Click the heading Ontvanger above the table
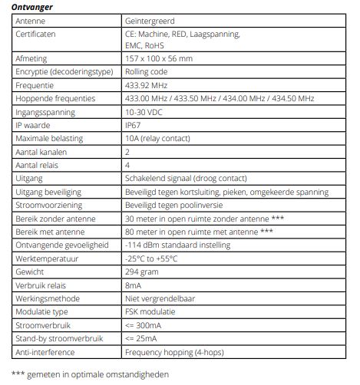tap(32, 6)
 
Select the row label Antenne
tap(31, 21)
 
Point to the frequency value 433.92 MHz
tap(147, 85)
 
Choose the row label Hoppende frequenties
tap(55, 99)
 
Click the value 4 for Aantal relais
tap(127, 165)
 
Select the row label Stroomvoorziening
tap(51, 206)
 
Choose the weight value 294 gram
tap(142, 272)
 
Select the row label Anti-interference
tap(48, 352)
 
